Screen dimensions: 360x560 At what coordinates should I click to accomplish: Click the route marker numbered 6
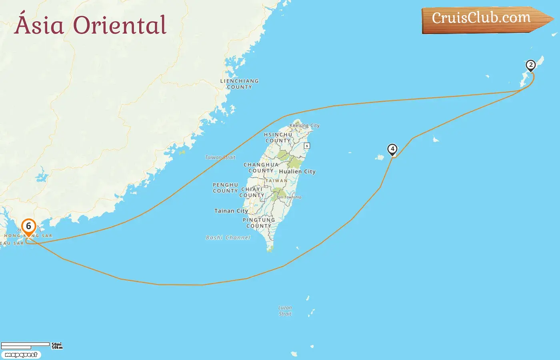28,227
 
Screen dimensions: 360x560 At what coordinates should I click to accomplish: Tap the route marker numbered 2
530,65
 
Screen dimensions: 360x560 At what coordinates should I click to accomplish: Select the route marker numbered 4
392,149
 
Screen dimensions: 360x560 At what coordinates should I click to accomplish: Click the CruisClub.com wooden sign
484,19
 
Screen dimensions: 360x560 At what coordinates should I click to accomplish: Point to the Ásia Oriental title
90,25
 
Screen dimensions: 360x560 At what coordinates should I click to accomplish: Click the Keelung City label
304,125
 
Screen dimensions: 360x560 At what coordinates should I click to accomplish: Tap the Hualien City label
297,172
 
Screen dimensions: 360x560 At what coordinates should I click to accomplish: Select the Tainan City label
231,211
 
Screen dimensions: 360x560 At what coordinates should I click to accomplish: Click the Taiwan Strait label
220,157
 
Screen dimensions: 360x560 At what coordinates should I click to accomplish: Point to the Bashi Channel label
228,238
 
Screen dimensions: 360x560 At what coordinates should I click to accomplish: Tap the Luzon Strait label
285,311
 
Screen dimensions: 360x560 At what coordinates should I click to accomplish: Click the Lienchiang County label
239,84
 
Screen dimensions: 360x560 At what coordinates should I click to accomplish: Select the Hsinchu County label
278,138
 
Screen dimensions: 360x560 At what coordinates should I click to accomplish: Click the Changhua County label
261,168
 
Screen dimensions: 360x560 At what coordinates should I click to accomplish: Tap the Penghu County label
225,188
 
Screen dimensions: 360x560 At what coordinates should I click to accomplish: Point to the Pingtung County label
258,223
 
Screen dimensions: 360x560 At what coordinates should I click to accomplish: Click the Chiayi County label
252,192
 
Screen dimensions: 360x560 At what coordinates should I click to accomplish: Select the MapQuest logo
21,355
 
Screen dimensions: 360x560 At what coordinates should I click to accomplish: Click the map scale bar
26,345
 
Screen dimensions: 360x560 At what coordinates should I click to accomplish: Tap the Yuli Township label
289,197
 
